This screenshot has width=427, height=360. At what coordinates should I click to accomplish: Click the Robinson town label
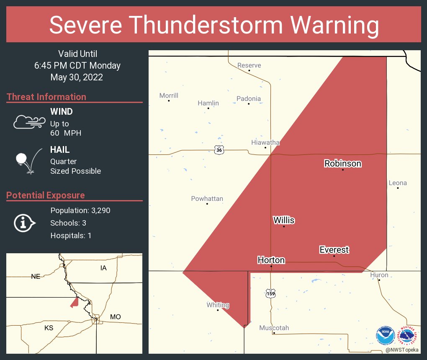[x=342, y=163]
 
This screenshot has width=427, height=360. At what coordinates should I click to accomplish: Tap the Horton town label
[x=271, y=260]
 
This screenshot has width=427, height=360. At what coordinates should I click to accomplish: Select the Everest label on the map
[x=334, y=249]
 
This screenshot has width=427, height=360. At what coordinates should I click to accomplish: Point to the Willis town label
[x=284, y=220]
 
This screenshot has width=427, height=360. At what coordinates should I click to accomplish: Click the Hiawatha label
[x=265, y=142]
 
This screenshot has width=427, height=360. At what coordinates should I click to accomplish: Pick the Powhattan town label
[x=207, y=198]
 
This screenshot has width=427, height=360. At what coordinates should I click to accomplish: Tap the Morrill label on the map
[x=169, y=95]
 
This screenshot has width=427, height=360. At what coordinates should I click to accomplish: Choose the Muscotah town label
[x=274, y=328]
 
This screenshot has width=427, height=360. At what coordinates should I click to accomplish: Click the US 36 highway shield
[x=219, y=149]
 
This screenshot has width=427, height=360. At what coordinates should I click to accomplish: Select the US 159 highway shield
[x=271, y=293]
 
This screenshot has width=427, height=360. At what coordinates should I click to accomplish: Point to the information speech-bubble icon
[x=24, y=223]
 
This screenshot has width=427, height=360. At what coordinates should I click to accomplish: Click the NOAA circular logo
[x=385, y=336]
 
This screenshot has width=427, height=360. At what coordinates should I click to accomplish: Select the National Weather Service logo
[x=408, y=336]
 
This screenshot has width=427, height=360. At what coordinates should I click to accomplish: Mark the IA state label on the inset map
[x=103, y=267]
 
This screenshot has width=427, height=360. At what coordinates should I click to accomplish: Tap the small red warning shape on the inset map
[x=75, y=302]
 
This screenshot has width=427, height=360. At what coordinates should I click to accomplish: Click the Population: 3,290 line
[x=80, y=210]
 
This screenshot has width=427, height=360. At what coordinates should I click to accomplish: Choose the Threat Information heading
[x=46, y=97]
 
